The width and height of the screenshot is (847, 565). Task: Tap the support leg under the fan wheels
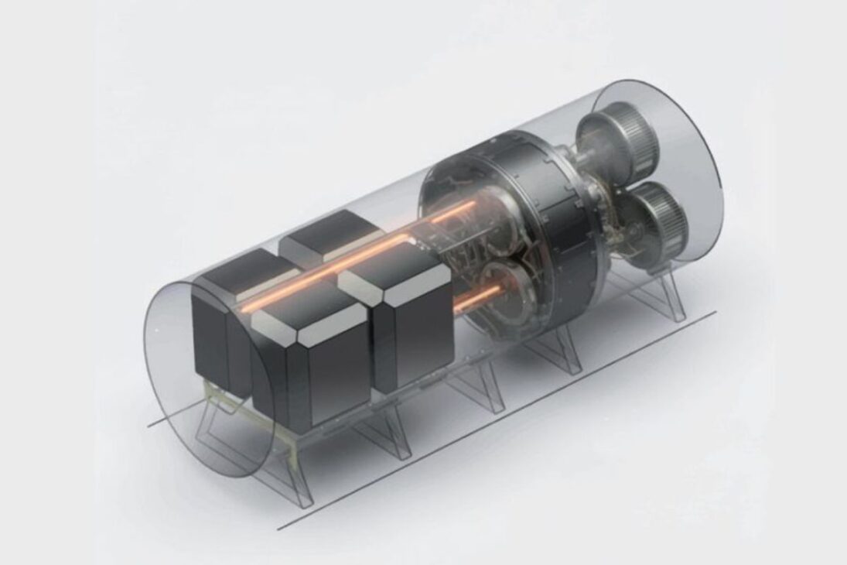pyautogui.click(x=665, y=298)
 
